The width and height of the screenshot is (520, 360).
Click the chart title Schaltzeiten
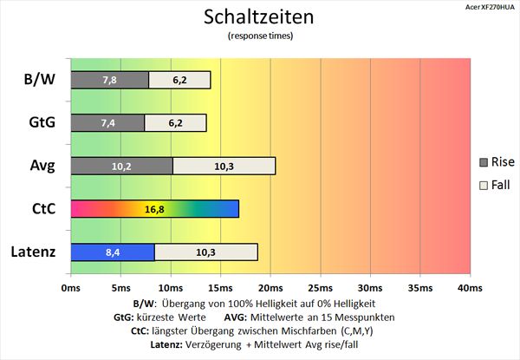259,16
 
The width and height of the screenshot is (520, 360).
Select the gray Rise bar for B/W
109,80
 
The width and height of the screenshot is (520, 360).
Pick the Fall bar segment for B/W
179,80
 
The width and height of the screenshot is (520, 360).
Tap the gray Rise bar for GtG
107,122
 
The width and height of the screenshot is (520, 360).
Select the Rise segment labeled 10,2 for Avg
121,166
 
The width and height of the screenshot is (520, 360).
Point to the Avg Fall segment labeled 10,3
224,166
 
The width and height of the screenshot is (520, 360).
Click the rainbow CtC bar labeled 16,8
154,209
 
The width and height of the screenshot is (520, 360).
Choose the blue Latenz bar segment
112,252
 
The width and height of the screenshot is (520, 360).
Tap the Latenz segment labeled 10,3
205,252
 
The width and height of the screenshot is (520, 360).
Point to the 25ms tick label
320,287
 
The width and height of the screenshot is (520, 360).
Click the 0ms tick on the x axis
70,287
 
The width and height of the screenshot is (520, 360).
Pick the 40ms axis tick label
469,287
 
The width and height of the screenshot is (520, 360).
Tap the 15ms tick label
220,287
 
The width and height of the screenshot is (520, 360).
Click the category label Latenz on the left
33,252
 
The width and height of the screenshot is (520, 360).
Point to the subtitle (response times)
259,36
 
